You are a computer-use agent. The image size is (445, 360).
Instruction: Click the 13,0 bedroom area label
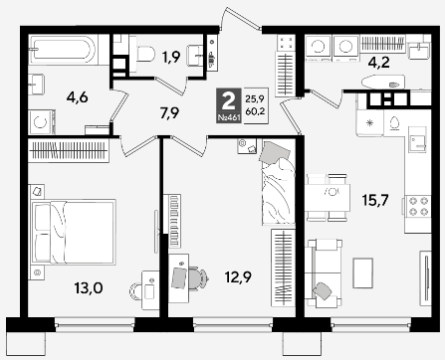click(x=89, y=288)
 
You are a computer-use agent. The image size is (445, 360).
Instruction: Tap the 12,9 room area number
click(x=238, y=277)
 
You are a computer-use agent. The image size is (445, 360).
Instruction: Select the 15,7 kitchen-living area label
click(x=375, y=200)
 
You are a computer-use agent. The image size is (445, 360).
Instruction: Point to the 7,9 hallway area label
click(x=169, y=113)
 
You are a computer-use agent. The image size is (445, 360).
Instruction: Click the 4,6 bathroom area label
click(x=77, y=97)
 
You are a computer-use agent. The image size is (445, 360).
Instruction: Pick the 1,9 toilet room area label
click(x=171, y=57)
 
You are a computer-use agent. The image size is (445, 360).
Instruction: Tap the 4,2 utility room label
click(x=378, y=62)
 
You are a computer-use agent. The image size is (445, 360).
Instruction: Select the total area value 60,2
click(x=255, y=111)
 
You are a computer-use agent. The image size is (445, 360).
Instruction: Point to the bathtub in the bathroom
click(x=64, y=50)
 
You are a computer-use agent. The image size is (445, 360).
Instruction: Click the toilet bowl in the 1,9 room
click(x=142, y=54)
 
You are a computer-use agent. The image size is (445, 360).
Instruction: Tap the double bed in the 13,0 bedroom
click(x=74, y=232)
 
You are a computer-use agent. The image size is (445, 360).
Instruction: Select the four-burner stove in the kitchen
click(x=418, y=206)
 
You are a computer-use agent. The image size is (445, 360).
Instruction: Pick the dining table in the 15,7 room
click(x=328, y=198)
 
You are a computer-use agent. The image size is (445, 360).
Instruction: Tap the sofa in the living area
click(x=324, y=273)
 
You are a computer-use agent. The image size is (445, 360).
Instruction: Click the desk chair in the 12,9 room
click(x=198, y=278)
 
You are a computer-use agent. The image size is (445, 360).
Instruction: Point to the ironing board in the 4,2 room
click(x=383, y=83)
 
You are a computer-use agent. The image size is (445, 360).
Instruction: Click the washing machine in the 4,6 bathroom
click(x=42, y=122)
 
